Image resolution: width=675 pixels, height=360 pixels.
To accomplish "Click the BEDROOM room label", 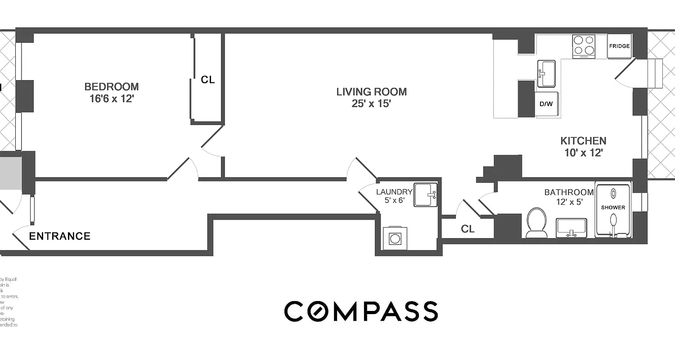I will [x=112, y=87].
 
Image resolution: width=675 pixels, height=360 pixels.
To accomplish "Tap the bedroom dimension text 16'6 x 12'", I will [x=112, y=99].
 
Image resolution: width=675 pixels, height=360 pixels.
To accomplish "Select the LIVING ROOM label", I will [x=371, y=92].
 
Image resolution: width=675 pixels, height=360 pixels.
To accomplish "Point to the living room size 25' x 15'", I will [x=371, y=104].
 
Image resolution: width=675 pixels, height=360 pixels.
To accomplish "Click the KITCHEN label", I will [x=583, y=141].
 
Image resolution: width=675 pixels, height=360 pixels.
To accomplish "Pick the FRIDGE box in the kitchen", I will [x=619, y=46].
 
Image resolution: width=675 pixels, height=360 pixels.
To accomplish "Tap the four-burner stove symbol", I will [x=584, y=46].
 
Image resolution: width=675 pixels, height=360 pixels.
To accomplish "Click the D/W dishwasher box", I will [x=546, y=104].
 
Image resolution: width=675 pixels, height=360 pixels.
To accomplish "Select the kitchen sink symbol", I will [x=546, y=73].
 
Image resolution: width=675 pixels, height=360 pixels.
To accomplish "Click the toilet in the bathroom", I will [x=536, y=222].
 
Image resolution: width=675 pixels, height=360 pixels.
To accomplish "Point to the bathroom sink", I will [x=571, y=227].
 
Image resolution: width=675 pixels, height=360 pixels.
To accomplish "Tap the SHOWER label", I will [x=613, y=207].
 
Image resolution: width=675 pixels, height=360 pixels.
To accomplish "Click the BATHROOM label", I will [x=569, y=192].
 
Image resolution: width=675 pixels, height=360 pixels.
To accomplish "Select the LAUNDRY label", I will [x=394, y=192].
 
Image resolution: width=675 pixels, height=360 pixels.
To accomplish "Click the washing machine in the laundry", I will [x=395, y=238].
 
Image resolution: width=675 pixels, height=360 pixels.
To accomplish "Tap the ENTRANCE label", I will [x=60, y=236].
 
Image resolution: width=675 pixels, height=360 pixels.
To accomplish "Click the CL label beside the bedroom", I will [x=208, y=80].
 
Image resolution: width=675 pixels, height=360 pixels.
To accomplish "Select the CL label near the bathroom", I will [x=468, y=229].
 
